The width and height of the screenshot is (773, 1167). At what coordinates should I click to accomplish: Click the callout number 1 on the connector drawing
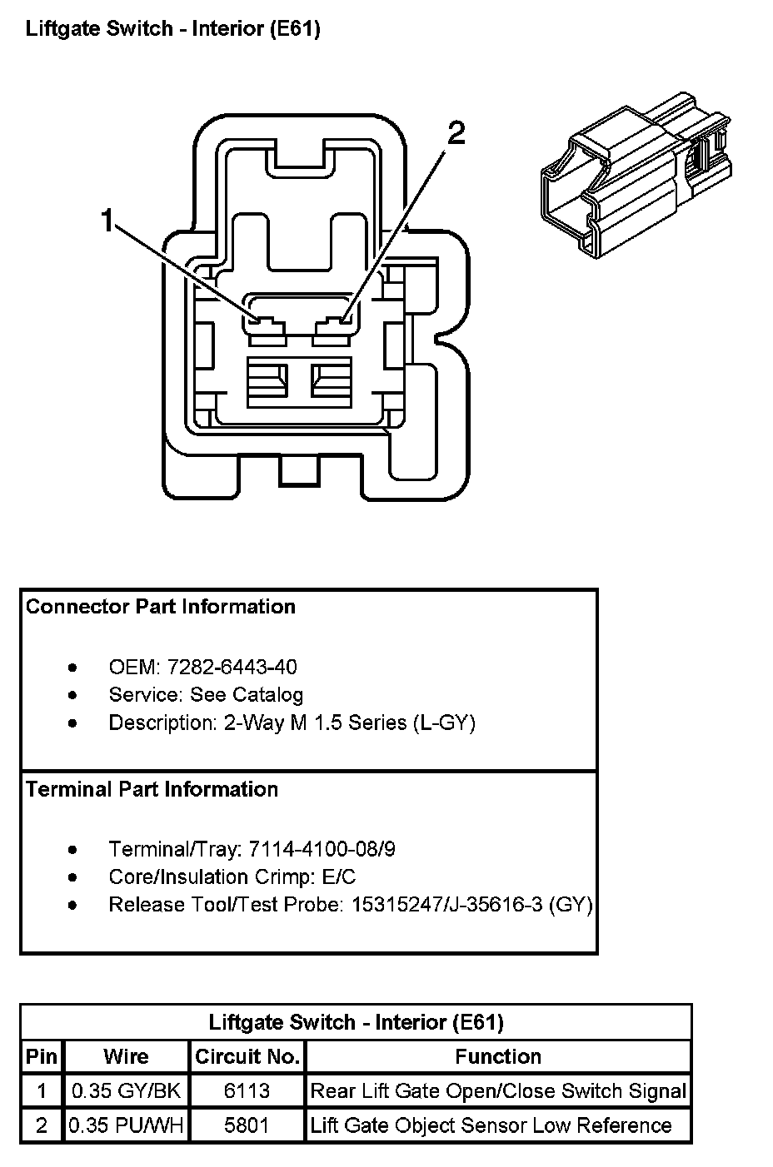click(x=107, y=220)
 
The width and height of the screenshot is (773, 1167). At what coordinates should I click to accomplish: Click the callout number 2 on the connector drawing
click(x=456, y=133)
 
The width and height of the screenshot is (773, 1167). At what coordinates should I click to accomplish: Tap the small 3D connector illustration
click(x=636, y=175)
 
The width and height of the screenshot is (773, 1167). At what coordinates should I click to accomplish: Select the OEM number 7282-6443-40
click(x=232, y=667)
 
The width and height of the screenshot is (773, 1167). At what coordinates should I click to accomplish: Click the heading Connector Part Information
click(x=161, y=607)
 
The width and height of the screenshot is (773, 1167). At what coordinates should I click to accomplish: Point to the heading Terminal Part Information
click(x=152, y=789)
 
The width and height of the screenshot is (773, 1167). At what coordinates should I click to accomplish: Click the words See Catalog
click(x=247, y=695)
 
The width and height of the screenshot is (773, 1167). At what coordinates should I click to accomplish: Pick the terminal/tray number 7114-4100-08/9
click(x=322, y=849)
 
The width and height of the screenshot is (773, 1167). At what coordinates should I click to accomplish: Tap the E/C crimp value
click(x=339, y=876)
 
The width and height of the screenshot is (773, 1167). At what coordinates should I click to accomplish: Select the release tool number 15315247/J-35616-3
click(x=447, y=905)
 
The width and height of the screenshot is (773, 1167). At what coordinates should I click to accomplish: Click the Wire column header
click(x=126, y=1056)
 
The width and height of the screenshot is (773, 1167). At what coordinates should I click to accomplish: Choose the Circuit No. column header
click(x=247, y=1056)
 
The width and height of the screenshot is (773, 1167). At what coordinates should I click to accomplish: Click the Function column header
click(x=498, y=1056)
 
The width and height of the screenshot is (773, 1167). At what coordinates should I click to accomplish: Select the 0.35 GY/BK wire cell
click(x=126, y=1091)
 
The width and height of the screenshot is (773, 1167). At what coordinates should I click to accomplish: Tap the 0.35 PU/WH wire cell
click(x=126, y=1125)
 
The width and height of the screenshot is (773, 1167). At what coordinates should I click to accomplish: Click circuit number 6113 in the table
click(x=247, y=1091)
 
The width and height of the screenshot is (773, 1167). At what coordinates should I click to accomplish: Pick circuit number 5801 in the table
click(x=247, y=1125)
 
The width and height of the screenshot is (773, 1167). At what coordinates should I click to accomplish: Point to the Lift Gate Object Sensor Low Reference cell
click(x=491, y=1125)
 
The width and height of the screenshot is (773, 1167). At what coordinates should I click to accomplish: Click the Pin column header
click(x=41, y=1056)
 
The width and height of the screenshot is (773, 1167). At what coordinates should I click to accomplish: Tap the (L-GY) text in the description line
click(x=445, y=723)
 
